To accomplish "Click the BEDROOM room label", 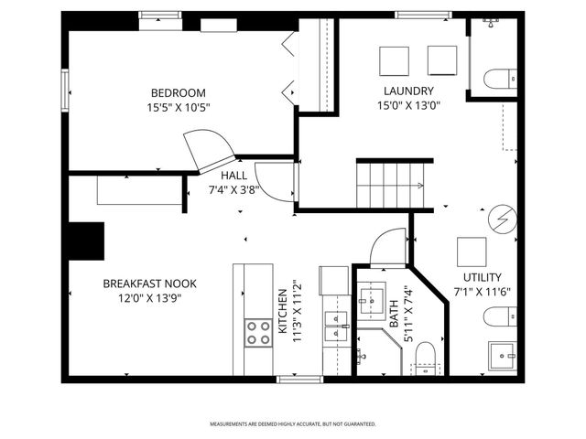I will coord(178,92).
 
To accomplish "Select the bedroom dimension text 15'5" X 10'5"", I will coord(178,107).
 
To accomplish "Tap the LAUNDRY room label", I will coord(407,90).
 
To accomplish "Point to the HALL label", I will coord(233,176).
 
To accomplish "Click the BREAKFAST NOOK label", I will coord(149,284).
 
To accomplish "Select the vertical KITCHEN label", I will coord(283,312).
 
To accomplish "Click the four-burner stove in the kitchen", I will coord(257,332).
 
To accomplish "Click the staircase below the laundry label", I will coord(392,183).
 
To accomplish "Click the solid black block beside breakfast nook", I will coord(86,240).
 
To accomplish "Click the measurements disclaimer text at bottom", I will coord(292,424).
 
